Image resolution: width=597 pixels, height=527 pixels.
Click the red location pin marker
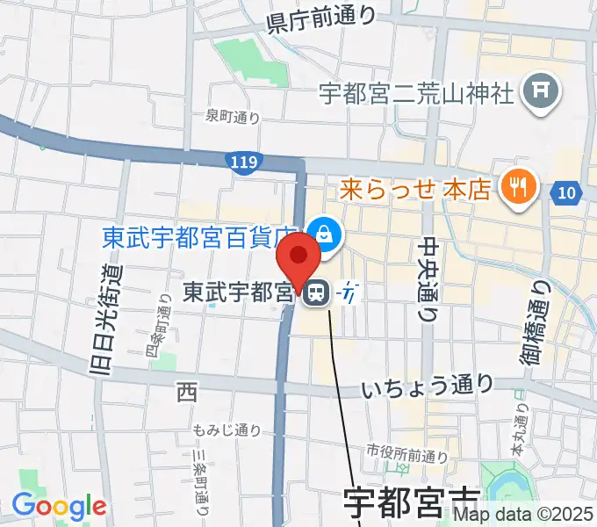(x=298, y=259)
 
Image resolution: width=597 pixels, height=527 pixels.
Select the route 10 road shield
(x=566, y=191)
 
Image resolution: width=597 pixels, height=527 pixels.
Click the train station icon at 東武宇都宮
(x=316, y=293)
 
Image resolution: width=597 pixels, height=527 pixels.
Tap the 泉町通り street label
(x=233, y=115)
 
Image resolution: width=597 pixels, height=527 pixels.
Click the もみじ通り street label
(x=227, y=430)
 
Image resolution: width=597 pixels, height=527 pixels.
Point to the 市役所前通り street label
(x=407, y=455)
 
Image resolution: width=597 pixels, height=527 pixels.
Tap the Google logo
(x=59, y=506)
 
